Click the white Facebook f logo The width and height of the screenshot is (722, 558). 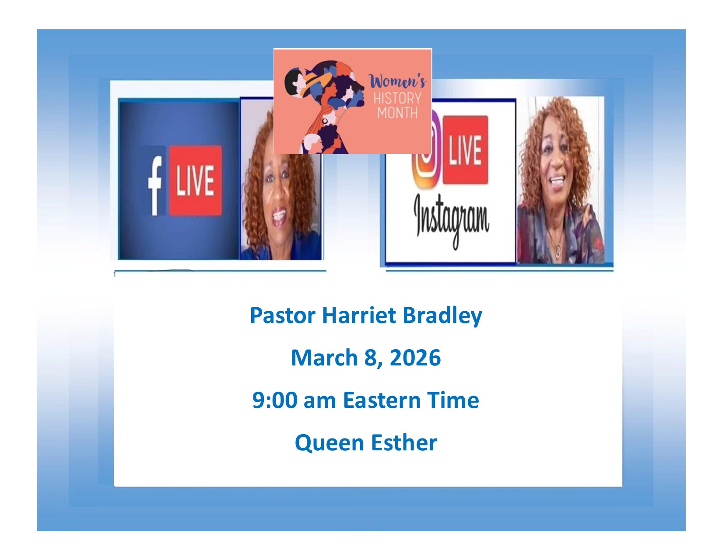(155, 186)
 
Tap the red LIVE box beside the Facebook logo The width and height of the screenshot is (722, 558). (195, 180)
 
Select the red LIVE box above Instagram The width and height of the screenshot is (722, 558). (465, 150)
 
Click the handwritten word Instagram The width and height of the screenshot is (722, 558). (451, 220)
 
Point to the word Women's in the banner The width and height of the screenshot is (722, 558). (397, 81)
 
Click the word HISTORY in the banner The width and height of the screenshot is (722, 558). (397, 98)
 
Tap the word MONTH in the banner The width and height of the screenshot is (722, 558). (397, 113)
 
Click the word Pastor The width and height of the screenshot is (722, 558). (282, 315)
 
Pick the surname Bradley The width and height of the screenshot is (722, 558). (442, 316)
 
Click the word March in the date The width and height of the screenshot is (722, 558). (324, 358)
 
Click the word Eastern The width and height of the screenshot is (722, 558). (382, 400)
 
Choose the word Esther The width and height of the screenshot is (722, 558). (404, 442)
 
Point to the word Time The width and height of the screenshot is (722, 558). (453, 400)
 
